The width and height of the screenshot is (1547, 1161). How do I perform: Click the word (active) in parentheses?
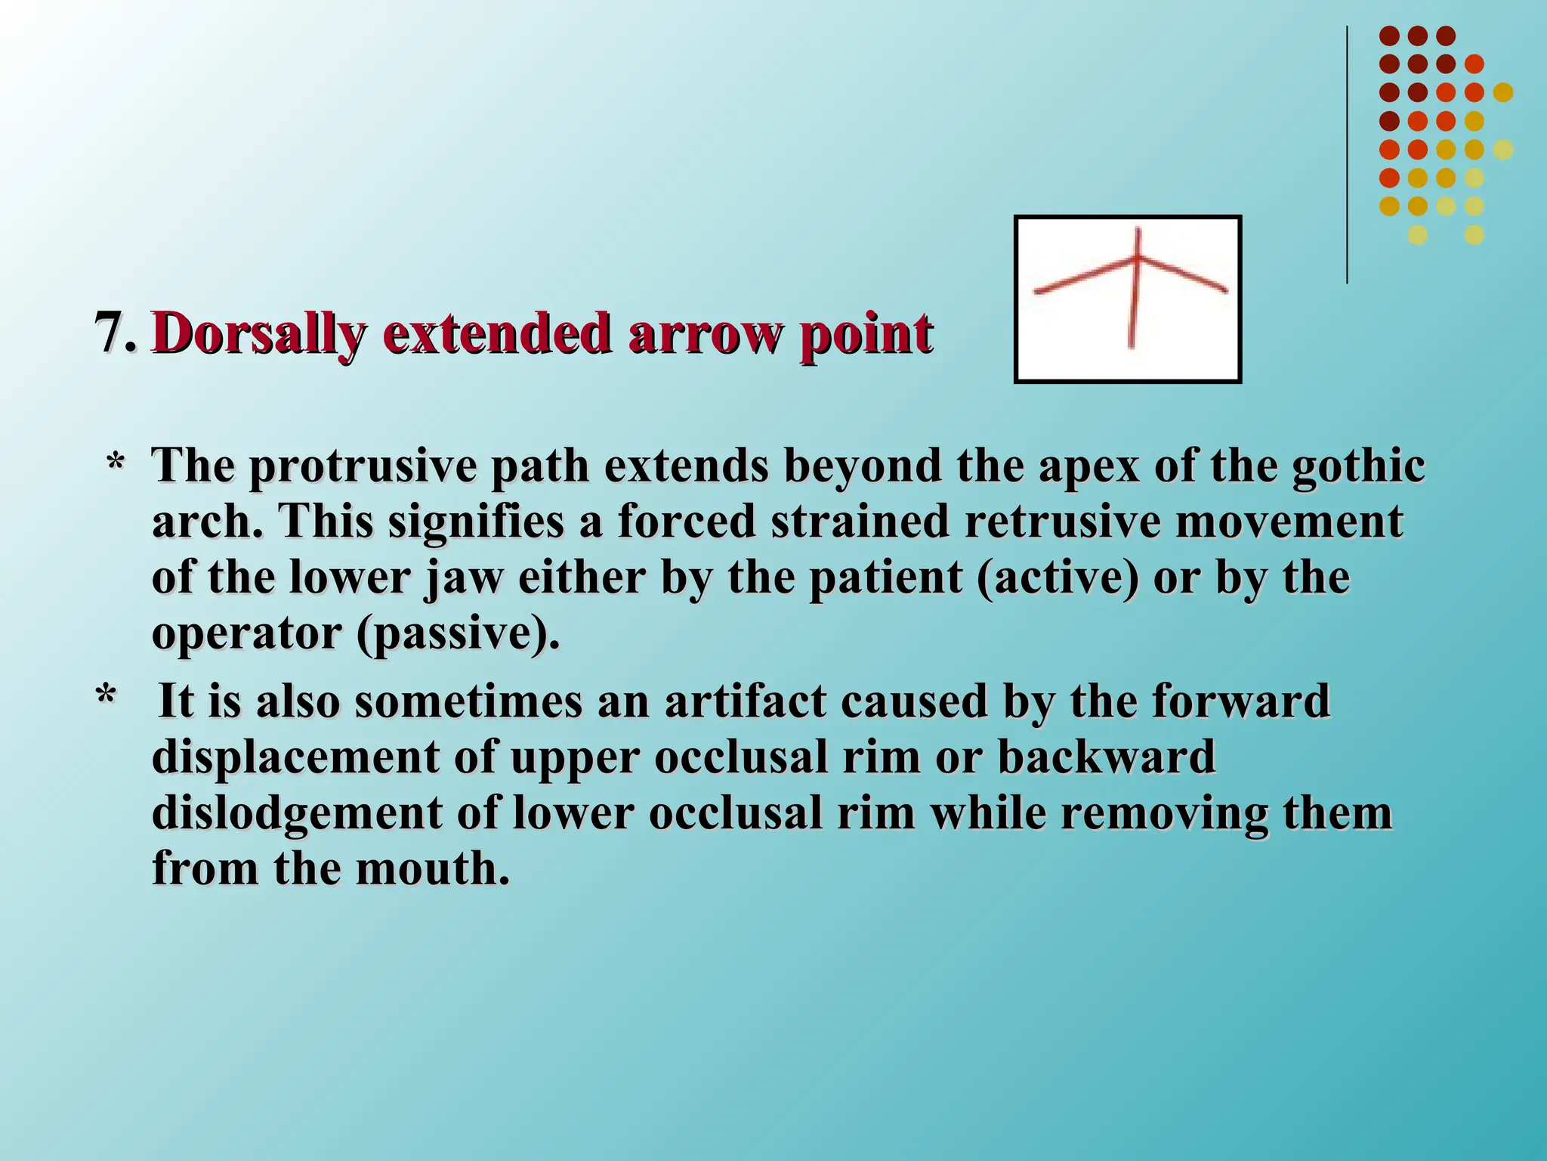(1057, 578)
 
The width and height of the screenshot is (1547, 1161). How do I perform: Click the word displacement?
(295, 757)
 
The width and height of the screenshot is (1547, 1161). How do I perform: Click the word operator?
(246, 633)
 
